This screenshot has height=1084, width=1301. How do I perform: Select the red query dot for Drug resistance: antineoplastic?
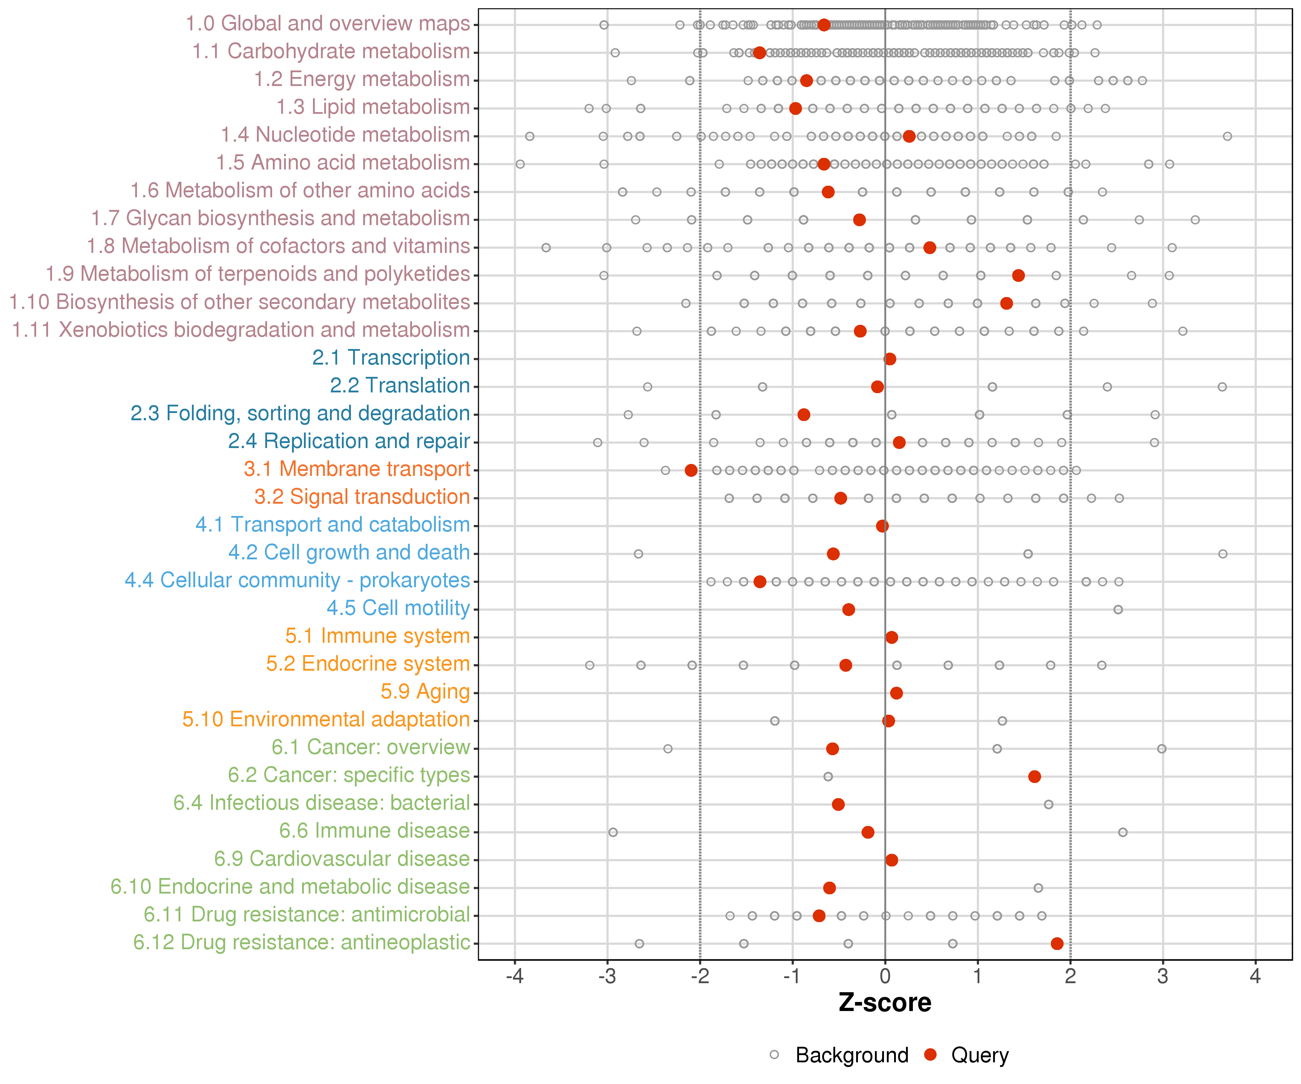point(1057,943)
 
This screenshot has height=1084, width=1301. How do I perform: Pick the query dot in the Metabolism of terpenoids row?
point(1018,275)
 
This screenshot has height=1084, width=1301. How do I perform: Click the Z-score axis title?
point(885,1003)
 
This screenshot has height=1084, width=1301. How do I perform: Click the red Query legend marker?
point(930,1055)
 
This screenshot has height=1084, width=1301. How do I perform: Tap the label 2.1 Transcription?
point(391,357)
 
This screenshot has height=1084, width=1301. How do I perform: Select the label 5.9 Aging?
point(425,691)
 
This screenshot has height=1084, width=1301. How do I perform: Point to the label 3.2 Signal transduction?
point(362,497)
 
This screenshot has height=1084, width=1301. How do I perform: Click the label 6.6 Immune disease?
point(374,831)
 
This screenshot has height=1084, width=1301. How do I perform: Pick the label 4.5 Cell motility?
point(398,608)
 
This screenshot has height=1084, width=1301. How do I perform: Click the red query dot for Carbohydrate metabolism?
point(760,53)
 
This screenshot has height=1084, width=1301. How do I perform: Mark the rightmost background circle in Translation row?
point(1222,387)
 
